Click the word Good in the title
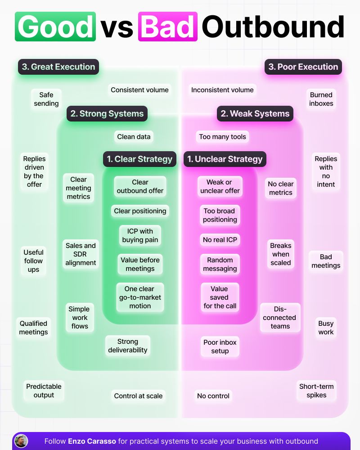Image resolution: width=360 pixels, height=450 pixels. click(x=55, y=27)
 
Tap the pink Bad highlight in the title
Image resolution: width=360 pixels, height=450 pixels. click(x=168, y=27)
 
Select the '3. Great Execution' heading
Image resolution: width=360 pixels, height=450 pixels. click(x=58, y=67)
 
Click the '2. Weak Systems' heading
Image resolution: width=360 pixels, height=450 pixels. click(x=255, y=114)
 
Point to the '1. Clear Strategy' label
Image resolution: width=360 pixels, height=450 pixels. click(x=139, y=159)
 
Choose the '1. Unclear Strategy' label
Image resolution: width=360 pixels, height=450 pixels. click(x=225, y=159)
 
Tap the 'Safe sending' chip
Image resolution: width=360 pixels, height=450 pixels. click(x=46, y=99)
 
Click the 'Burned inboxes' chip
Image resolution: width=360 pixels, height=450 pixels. click(x=321, y=99)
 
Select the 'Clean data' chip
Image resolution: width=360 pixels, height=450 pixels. click(x=134, y=137)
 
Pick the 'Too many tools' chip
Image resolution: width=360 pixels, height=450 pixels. click(x=222, y=137)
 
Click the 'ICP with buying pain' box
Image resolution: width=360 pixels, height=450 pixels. click(x=140, y=235)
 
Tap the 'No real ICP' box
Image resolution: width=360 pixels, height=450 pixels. click(x=220, y=240)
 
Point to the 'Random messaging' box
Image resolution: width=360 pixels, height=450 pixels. click(x=220, y=264)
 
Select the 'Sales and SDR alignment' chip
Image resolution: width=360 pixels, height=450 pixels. click(x=81, y=254)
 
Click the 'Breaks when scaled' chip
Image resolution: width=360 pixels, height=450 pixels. click(x=281, y=254)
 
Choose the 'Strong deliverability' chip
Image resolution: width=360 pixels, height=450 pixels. click(x=128, y=346)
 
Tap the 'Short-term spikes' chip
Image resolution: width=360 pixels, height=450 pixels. click(x=316, y=391)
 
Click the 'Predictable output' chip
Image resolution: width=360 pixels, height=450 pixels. click(x=44, y=391)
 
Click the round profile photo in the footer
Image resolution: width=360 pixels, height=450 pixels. click(x=21, y=441)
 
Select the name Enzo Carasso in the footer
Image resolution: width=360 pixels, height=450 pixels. click(x=91, y=441)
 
